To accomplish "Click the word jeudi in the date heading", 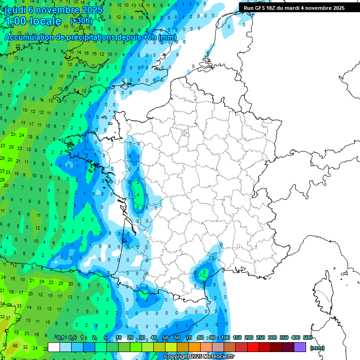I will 15,10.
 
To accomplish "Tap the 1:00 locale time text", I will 33,22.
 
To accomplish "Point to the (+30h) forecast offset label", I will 81,21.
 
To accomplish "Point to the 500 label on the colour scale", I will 307,337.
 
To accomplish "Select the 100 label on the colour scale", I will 225,337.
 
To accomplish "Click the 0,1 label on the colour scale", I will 60,337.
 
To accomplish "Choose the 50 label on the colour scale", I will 165,337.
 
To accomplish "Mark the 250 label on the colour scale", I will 261,337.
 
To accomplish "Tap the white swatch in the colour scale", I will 54,347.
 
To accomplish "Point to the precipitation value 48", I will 15,346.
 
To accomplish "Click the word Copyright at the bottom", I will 177,357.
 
